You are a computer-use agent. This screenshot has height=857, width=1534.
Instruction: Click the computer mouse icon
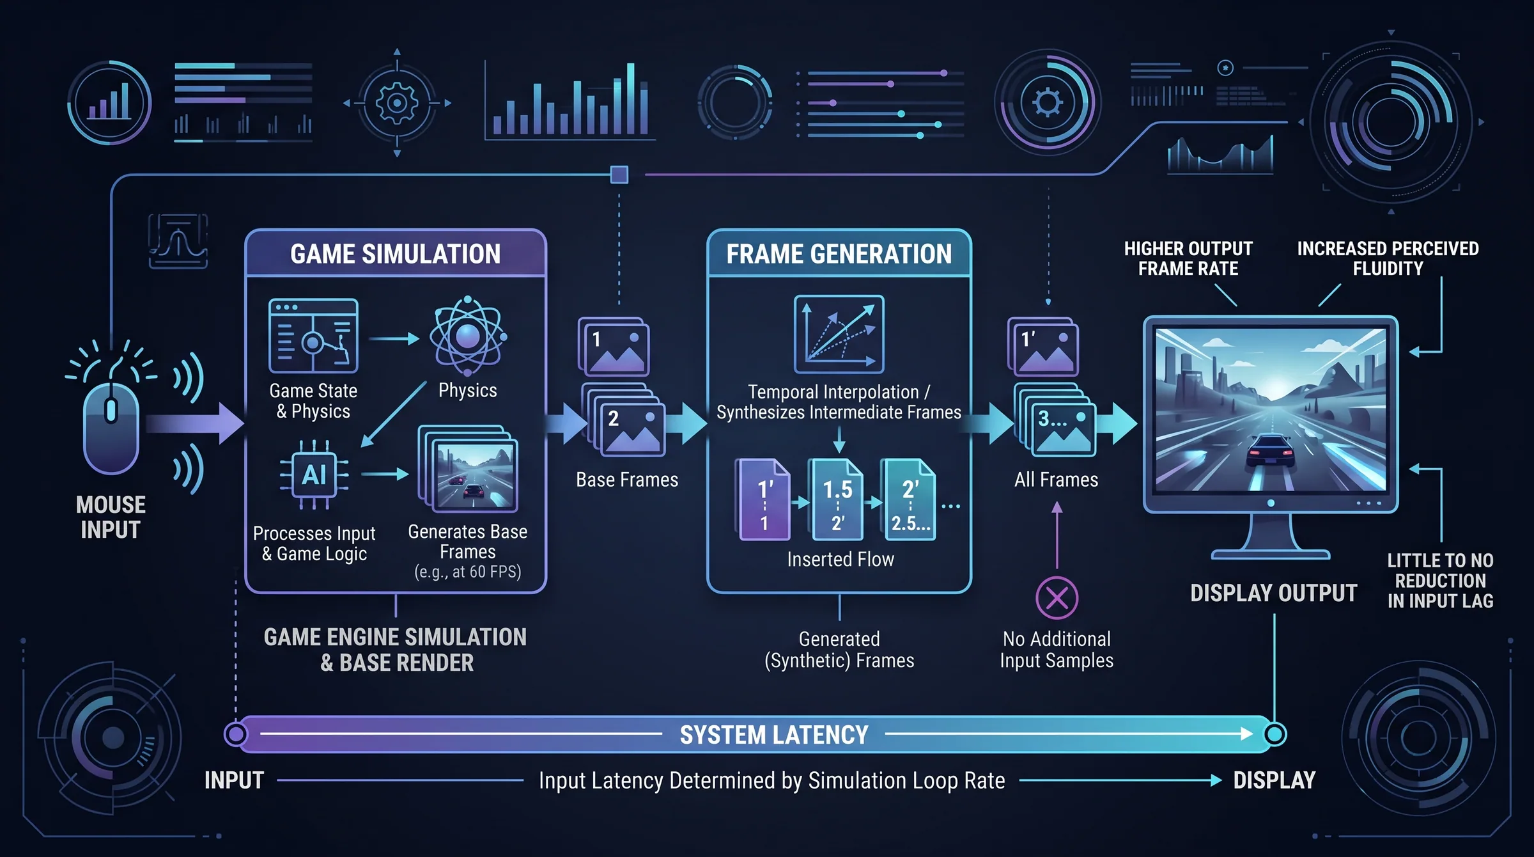coord(111,428)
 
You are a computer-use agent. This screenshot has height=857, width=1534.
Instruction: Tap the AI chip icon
coord(314,475)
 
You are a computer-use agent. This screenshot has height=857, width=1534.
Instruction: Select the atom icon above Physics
coord(468,336)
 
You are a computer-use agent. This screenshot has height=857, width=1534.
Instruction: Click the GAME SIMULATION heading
coord(396,254)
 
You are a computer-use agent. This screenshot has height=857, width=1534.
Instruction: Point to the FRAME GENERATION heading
coord(839,254)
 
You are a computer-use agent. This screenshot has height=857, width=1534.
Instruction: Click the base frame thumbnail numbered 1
coord(614,347)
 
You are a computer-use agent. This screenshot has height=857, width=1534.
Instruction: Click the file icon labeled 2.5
coord(909,499)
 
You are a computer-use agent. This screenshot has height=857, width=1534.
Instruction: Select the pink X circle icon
coord(1057,598)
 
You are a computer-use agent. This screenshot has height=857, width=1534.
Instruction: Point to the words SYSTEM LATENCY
coord(773,735)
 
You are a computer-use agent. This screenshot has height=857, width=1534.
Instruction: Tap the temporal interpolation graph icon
coord(839,334)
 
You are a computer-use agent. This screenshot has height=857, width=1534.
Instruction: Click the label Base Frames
coord(627,480)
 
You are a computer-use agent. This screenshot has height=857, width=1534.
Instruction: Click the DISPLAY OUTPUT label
coord(1273,593)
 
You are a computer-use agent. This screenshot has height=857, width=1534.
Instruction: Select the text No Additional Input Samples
coord(1057,650)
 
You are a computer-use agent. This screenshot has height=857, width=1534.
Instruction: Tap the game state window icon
coord(313,336)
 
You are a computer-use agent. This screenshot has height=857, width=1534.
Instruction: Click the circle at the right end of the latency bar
coord(1274,734)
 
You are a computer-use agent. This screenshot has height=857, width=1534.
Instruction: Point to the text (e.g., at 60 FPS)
coord(468,572)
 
